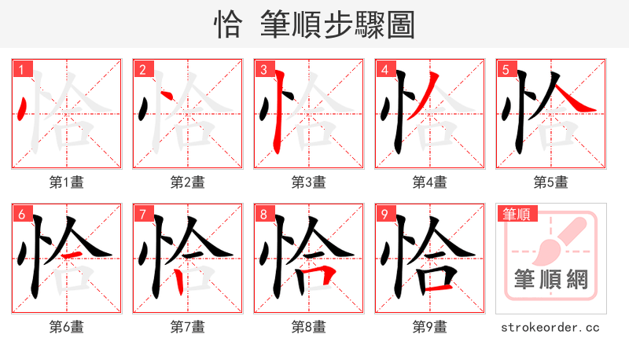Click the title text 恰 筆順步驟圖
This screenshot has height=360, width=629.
click(314, 25)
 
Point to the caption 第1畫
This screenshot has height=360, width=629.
click(67, 182)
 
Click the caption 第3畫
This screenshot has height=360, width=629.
click(309, 182)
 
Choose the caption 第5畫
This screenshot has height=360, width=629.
click(551, 182)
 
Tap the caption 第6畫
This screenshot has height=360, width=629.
click(67, 326)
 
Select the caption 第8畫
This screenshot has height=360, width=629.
click(309, 326)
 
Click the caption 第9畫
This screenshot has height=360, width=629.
click(430, 326)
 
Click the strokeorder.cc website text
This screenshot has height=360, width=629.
click(551, 326)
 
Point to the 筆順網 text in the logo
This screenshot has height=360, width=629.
click(551, 280)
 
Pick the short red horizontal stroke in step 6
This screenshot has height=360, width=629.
click(71, 256)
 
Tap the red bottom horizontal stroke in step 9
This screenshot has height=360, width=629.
click(436, 288)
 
